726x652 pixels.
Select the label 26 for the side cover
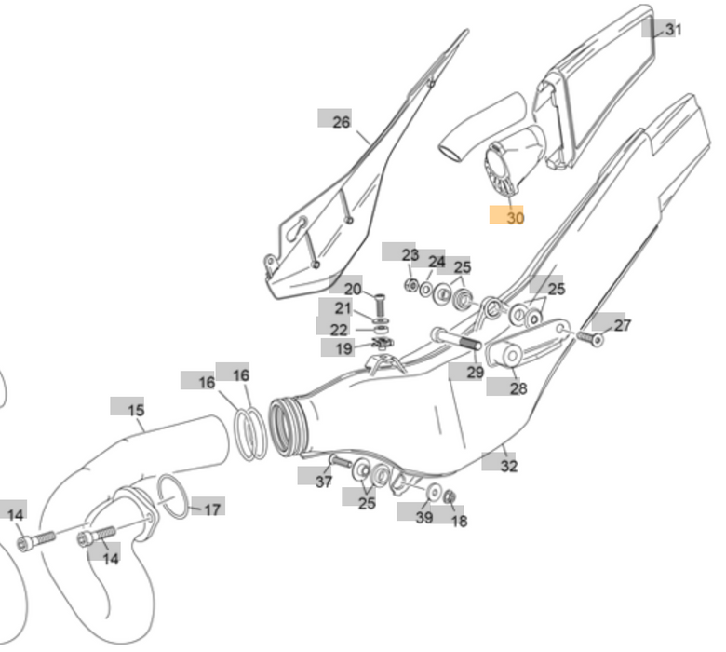tap(341, 121)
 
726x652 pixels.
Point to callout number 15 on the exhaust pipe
tap(135, 410)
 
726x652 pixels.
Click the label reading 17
tap(212, 509)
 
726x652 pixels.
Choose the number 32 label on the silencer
tap(508, 466)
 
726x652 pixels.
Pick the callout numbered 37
tap(323, 481)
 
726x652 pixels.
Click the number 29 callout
tap(475, 373)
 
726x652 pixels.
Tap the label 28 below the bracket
tap(518, 388)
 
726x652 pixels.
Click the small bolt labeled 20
tap(380, 303)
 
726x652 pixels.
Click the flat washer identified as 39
tap(434, 492)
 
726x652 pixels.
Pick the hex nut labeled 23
tap(410, 284)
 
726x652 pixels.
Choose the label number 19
tap(344, 348)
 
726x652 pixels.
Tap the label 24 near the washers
tap(437, 263)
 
